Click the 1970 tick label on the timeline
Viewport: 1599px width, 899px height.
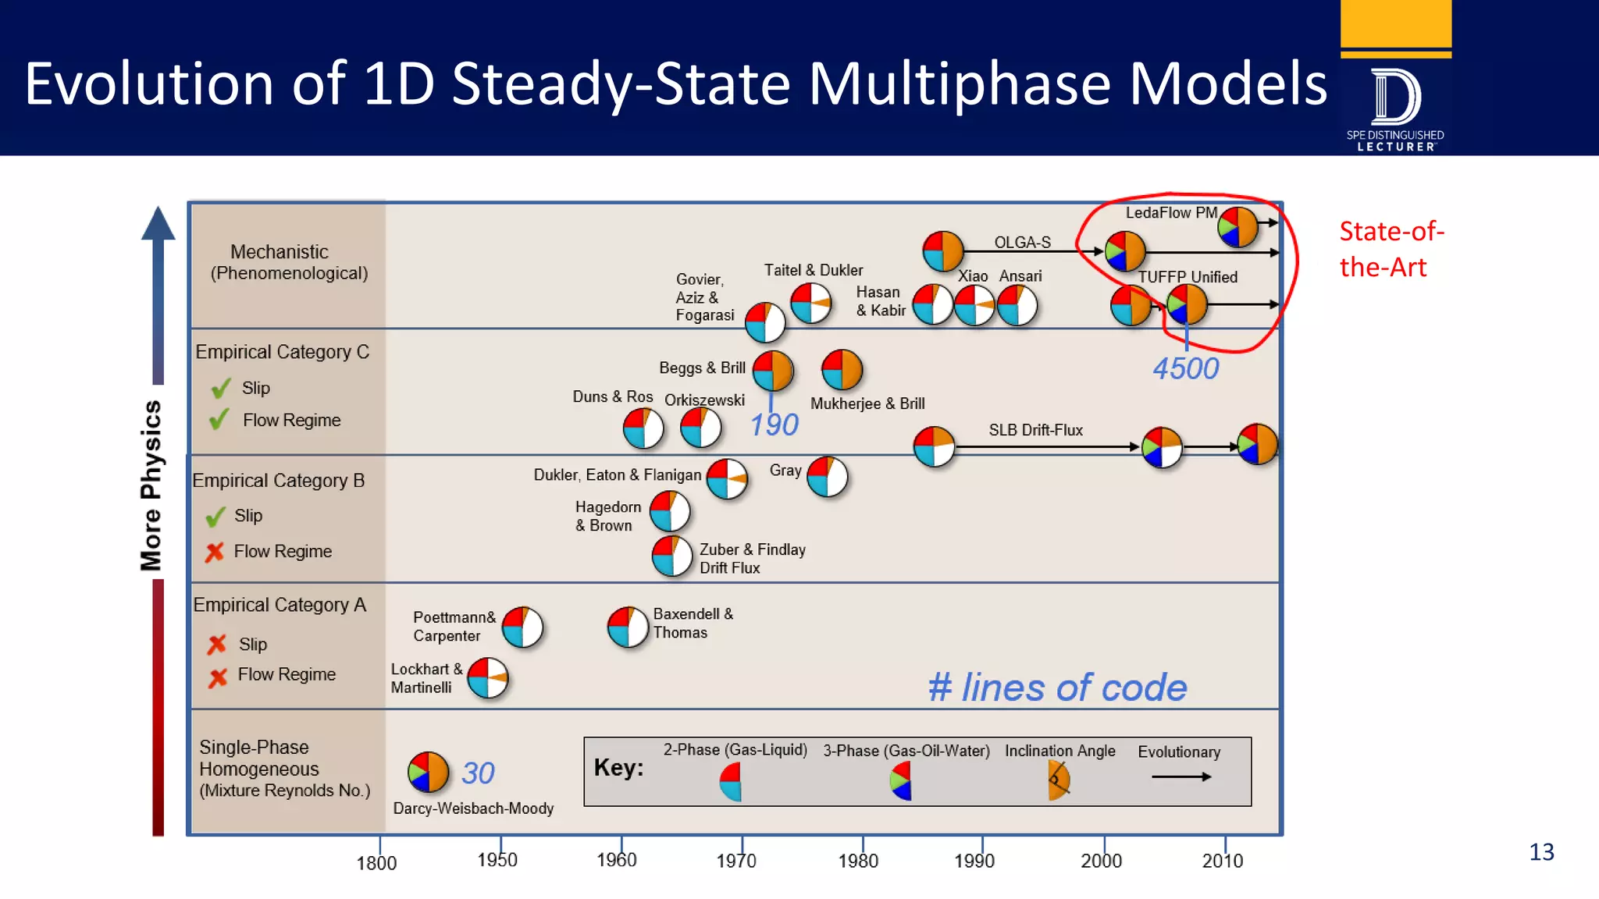point(736,860)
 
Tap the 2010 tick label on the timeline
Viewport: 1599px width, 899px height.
point(1222,860)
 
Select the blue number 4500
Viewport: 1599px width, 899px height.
point(1185,368)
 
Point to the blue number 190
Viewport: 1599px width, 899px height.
point(774,425)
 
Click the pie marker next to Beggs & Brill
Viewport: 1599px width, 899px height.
point(773,370)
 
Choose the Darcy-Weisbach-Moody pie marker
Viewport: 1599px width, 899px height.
point(428,772)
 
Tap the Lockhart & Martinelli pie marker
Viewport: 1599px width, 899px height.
point(488,677)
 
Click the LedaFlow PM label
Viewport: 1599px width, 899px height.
point(1170,212)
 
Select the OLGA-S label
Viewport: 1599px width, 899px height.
point(1022,242)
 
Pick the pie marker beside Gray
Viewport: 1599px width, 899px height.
point(827,476)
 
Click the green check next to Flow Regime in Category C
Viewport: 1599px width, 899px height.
point(219,420)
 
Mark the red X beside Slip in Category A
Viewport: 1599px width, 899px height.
point(217,644)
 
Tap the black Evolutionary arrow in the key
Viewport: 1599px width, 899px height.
point(1181,776)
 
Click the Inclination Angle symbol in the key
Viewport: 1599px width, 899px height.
point(1059,780)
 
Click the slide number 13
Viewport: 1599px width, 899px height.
point(1540,851)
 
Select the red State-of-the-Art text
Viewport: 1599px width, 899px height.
point(1391,249)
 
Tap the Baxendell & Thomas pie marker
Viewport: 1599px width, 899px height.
point(628,627)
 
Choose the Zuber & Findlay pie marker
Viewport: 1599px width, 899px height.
point(672,556)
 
